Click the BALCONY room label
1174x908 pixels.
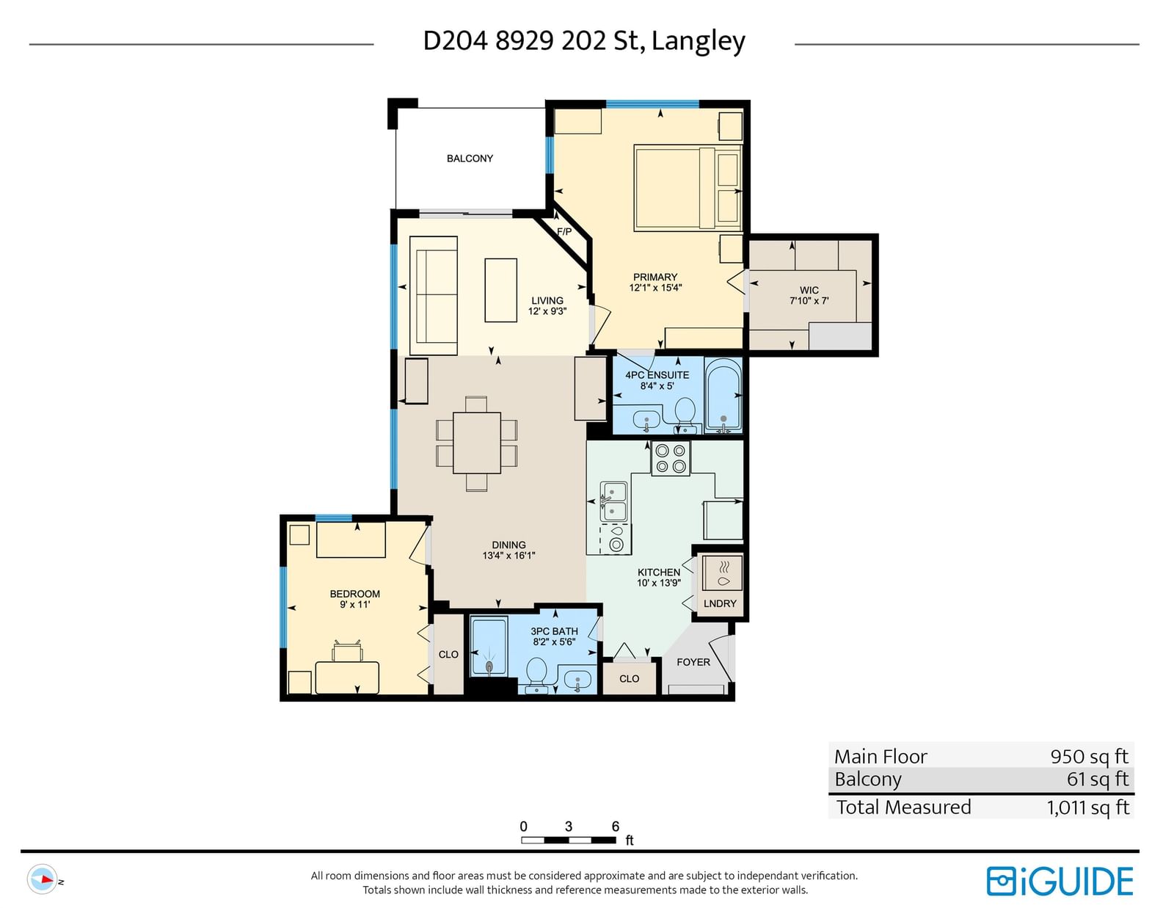click(470, 159)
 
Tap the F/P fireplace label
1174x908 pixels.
click(564, 232)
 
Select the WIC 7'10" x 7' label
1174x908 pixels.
click(809, 296)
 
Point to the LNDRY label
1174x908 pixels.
click(720, 603)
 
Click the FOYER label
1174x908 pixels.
click(693, 662)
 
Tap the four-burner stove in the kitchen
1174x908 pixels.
click(671, 458)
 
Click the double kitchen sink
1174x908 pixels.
click(613, 502)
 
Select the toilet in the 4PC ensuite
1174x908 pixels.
click(685, 416)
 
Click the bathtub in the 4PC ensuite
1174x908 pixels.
click(723, 396)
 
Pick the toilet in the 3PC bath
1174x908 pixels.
click(536, 675)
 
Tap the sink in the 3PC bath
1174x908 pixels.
click(577, 680)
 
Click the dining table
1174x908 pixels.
click(476, 443)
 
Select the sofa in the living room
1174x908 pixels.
click(434, 295)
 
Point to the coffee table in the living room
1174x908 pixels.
click(501, 290)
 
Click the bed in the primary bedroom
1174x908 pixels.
click(688, 187)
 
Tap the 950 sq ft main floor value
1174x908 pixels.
click(1089, 756)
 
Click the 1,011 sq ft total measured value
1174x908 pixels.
click(1087, 807)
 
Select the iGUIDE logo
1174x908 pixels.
click(1060, 882)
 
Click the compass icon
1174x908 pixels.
click(42, 879)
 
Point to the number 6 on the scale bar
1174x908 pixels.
click(616, 826)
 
